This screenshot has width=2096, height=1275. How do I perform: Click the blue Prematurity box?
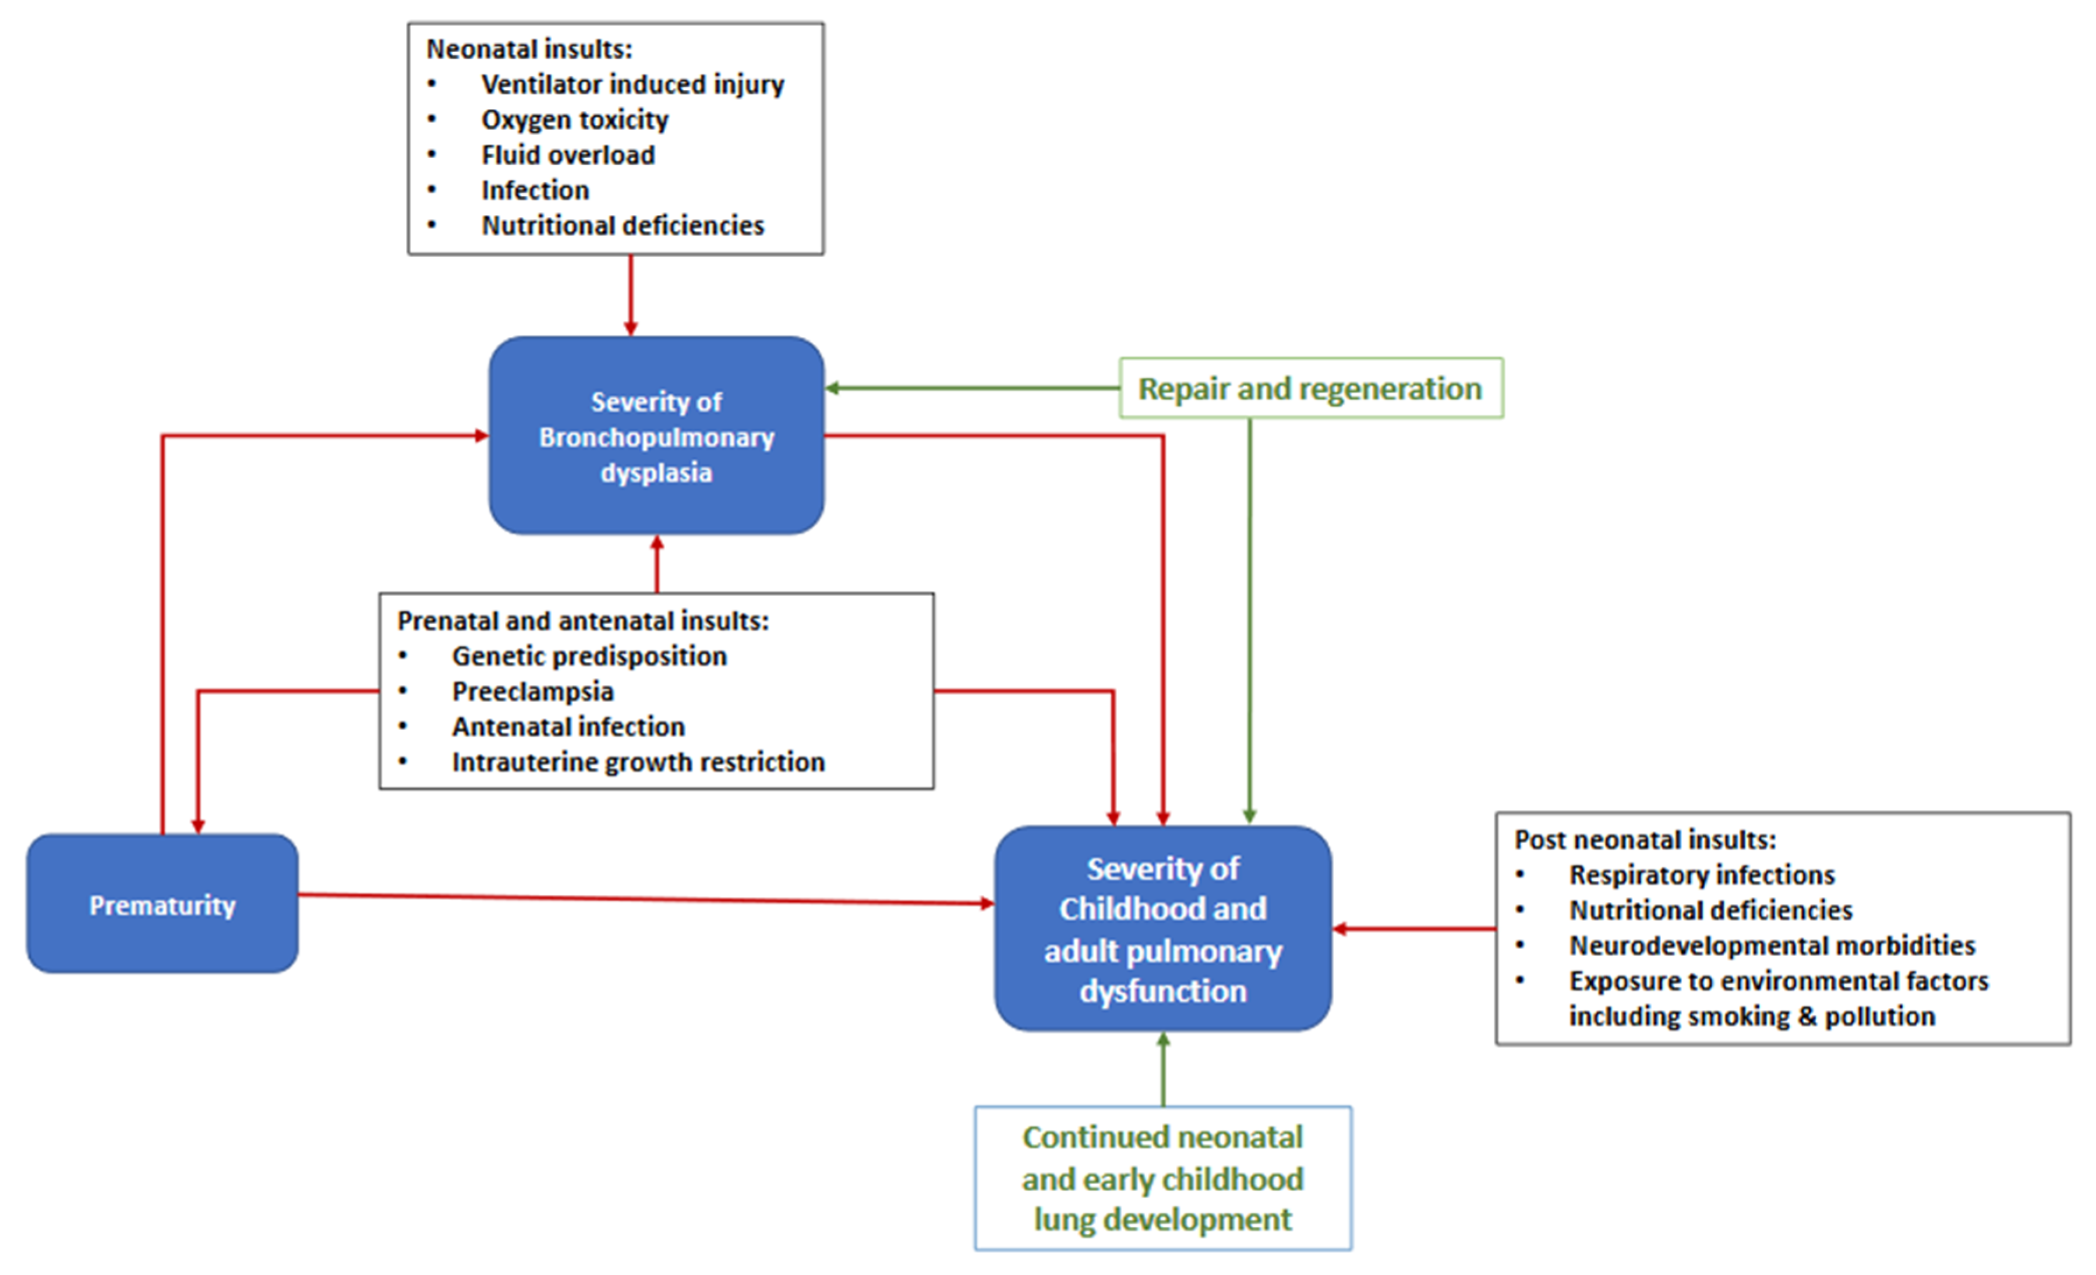162,904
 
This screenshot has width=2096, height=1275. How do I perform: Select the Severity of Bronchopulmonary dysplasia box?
656,435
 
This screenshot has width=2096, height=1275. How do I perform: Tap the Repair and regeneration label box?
1311,388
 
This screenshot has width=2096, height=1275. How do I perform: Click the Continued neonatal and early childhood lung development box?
1163,1178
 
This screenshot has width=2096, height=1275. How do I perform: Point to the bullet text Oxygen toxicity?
575,120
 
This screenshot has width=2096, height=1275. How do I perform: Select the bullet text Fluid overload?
568,155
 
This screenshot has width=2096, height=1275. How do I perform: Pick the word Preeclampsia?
532,692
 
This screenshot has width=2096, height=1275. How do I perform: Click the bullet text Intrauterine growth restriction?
638,762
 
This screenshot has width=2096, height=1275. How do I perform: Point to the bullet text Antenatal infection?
568,727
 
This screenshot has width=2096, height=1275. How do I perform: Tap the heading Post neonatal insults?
1645,840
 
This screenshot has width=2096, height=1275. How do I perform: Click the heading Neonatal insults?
529,49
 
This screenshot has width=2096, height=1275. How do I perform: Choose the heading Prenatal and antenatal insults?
583,621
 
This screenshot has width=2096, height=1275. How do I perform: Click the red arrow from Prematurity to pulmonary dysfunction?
646,898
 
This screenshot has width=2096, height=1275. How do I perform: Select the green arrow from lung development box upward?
1163,1068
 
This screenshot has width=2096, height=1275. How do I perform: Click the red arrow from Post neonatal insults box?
1414,929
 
